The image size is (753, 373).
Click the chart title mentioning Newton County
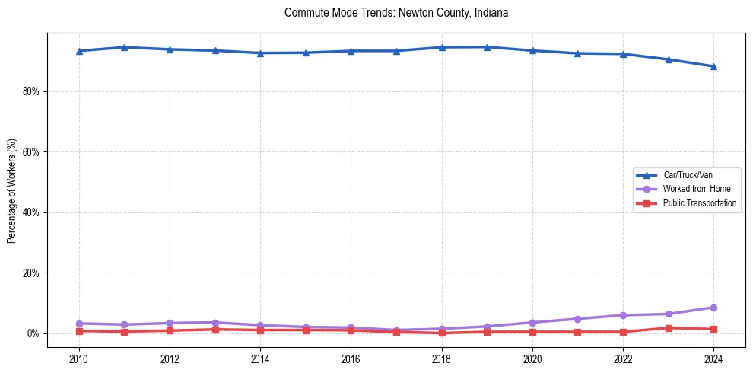396,13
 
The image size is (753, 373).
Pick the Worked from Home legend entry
696,189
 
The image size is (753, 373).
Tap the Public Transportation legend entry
699,203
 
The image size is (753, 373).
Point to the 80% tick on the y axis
31,91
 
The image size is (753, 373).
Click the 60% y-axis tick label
31,151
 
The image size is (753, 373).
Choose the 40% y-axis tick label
31,212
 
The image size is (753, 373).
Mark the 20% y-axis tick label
31,273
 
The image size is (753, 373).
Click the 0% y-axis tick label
33,333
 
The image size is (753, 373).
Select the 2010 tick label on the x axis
79,357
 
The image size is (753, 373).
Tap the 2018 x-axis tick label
441,357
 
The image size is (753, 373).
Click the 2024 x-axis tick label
713,357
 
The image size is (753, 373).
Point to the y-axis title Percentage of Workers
12,190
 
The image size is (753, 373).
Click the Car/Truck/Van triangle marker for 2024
713,66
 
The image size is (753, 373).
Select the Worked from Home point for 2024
713,308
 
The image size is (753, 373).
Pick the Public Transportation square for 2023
669,328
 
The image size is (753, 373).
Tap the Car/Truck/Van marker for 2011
125,47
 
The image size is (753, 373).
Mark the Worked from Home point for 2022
623,315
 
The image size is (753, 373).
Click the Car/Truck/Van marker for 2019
487,47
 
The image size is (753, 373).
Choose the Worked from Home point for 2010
79,324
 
